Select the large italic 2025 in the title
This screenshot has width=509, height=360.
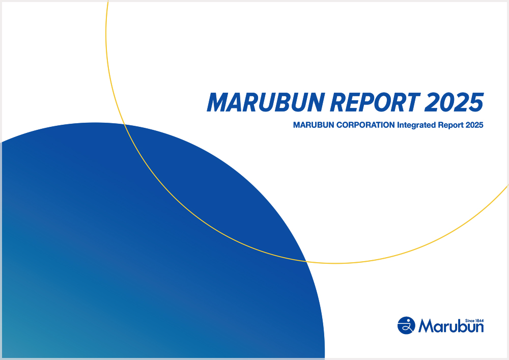(x=454, y=102)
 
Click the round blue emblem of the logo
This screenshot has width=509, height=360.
(x=406, y=325)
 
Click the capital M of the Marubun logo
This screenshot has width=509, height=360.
(x=426, y=326)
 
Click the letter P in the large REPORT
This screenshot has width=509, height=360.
(x=364, y=102)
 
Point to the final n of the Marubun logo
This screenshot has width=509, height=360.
(x=478, y=327)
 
